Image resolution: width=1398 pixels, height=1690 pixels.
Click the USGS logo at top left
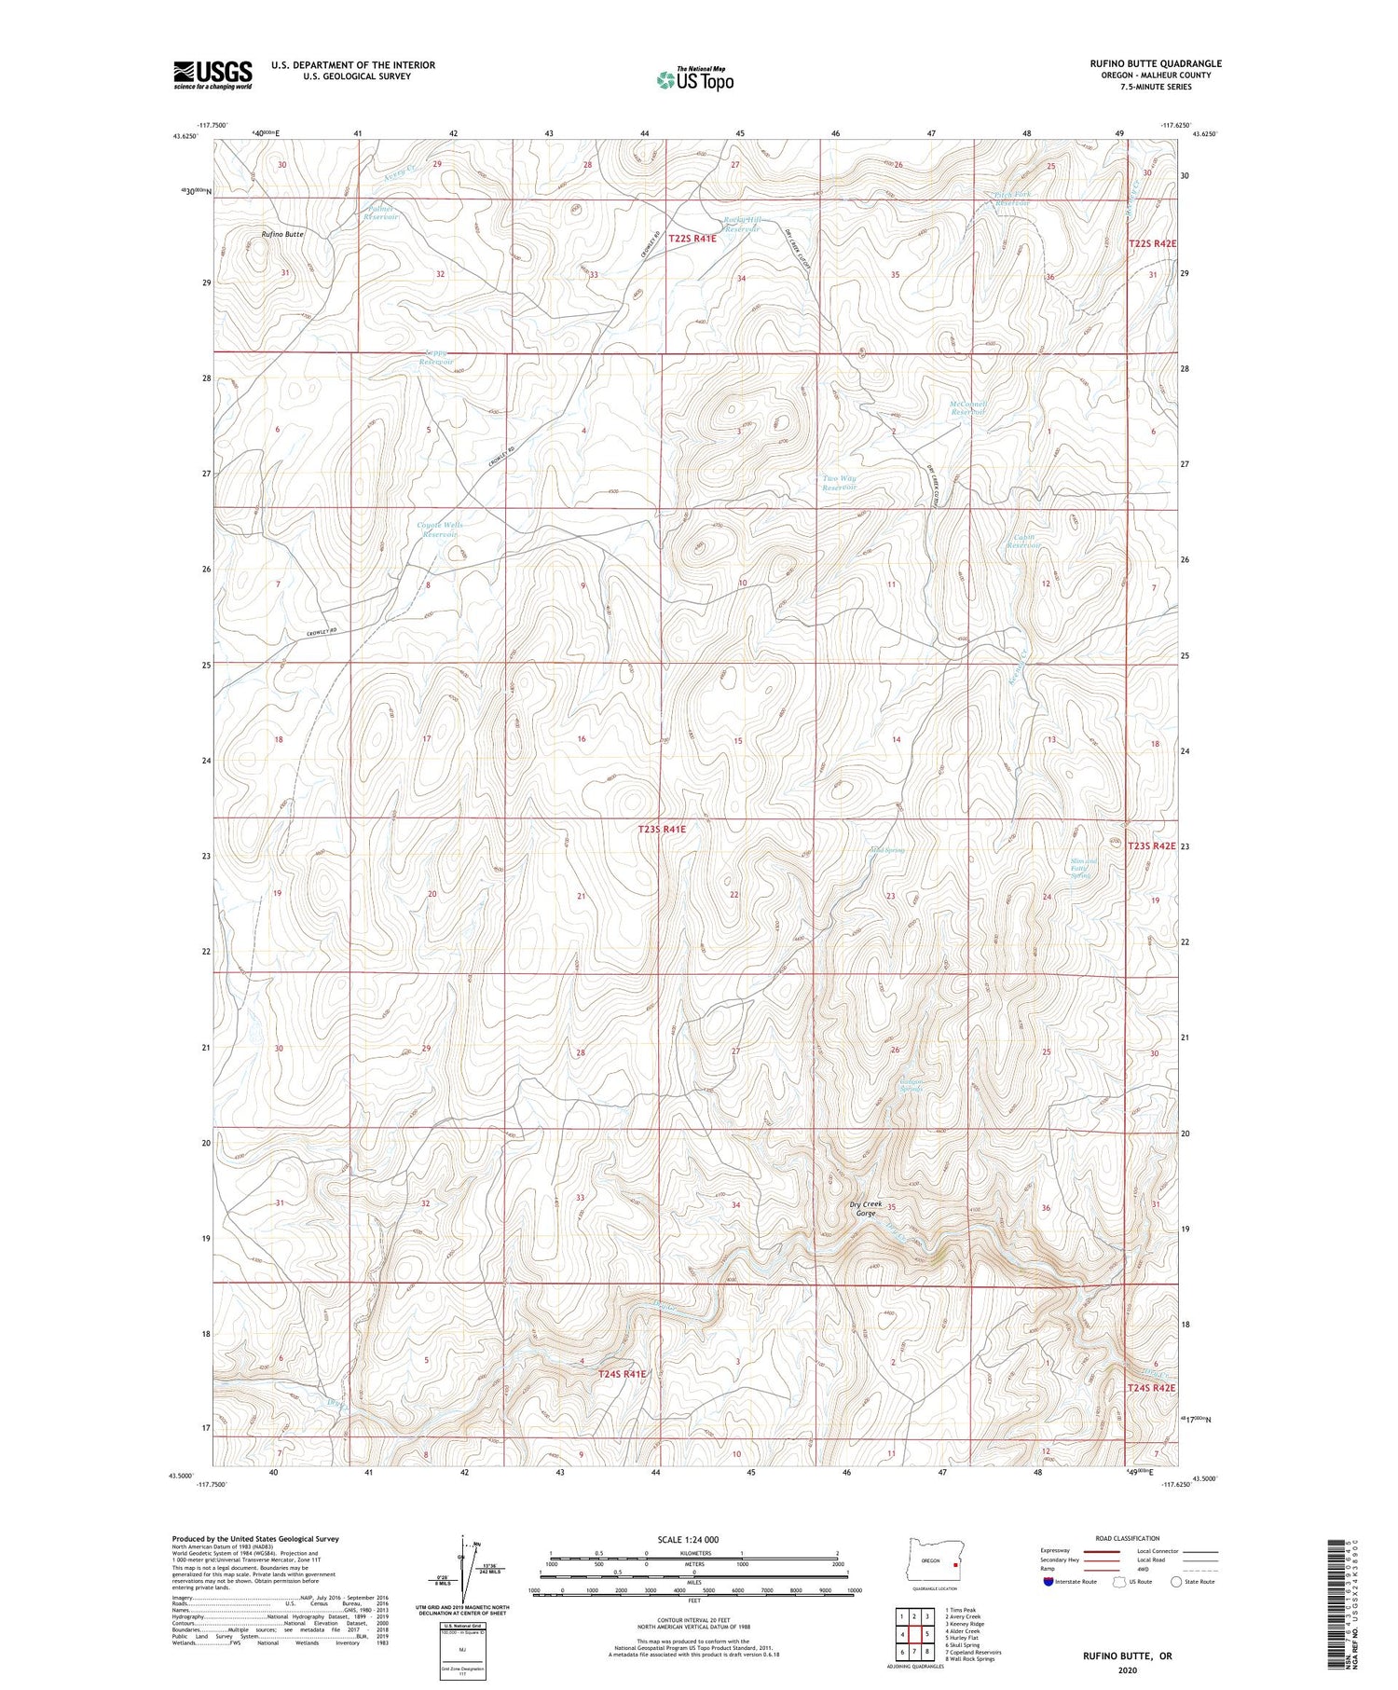coord(212,75)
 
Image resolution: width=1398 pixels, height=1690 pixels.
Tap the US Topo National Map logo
coord(694,78)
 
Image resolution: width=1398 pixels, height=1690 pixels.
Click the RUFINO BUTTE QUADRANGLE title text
coord(1155,63)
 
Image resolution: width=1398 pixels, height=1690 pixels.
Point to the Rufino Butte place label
coord(282,234)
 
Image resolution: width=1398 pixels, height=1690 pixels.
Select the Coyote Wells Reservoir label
coord(440,530)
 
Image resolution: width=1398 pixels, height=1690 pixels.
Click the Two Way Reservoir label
coord(839,483)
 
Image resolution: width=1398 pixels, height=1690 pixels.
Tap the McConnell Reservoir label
coord(967,407)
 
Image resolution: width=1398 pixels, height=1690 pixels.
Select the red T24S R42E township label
coord(1151,1388)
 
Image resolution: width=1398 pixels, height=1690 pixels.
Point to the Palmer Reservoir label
coord(381,213)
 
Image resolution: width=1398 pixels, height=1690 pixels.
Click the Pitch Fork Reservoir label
coord(1012,199)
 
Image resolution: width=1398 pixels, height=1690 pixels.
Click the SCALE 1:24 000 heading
coord(688,1539)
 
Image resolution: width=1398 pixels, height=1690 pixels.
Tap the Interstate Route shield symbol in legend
coord(1048,1582)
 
